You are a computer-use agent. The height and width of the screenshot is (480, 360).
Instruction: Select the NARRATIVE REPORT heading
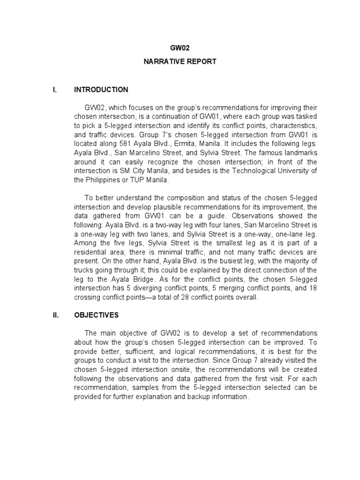click(180, 61)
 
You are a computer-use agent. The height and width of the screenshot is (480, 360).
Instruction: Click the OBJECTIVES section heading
click(96, 315)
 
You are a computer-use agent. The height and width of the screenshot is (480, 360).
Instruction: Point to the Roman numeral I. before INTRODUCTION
click(55, 90)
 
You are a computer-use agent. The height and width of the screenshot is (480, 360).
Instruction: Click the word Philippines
click(101, 179)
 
